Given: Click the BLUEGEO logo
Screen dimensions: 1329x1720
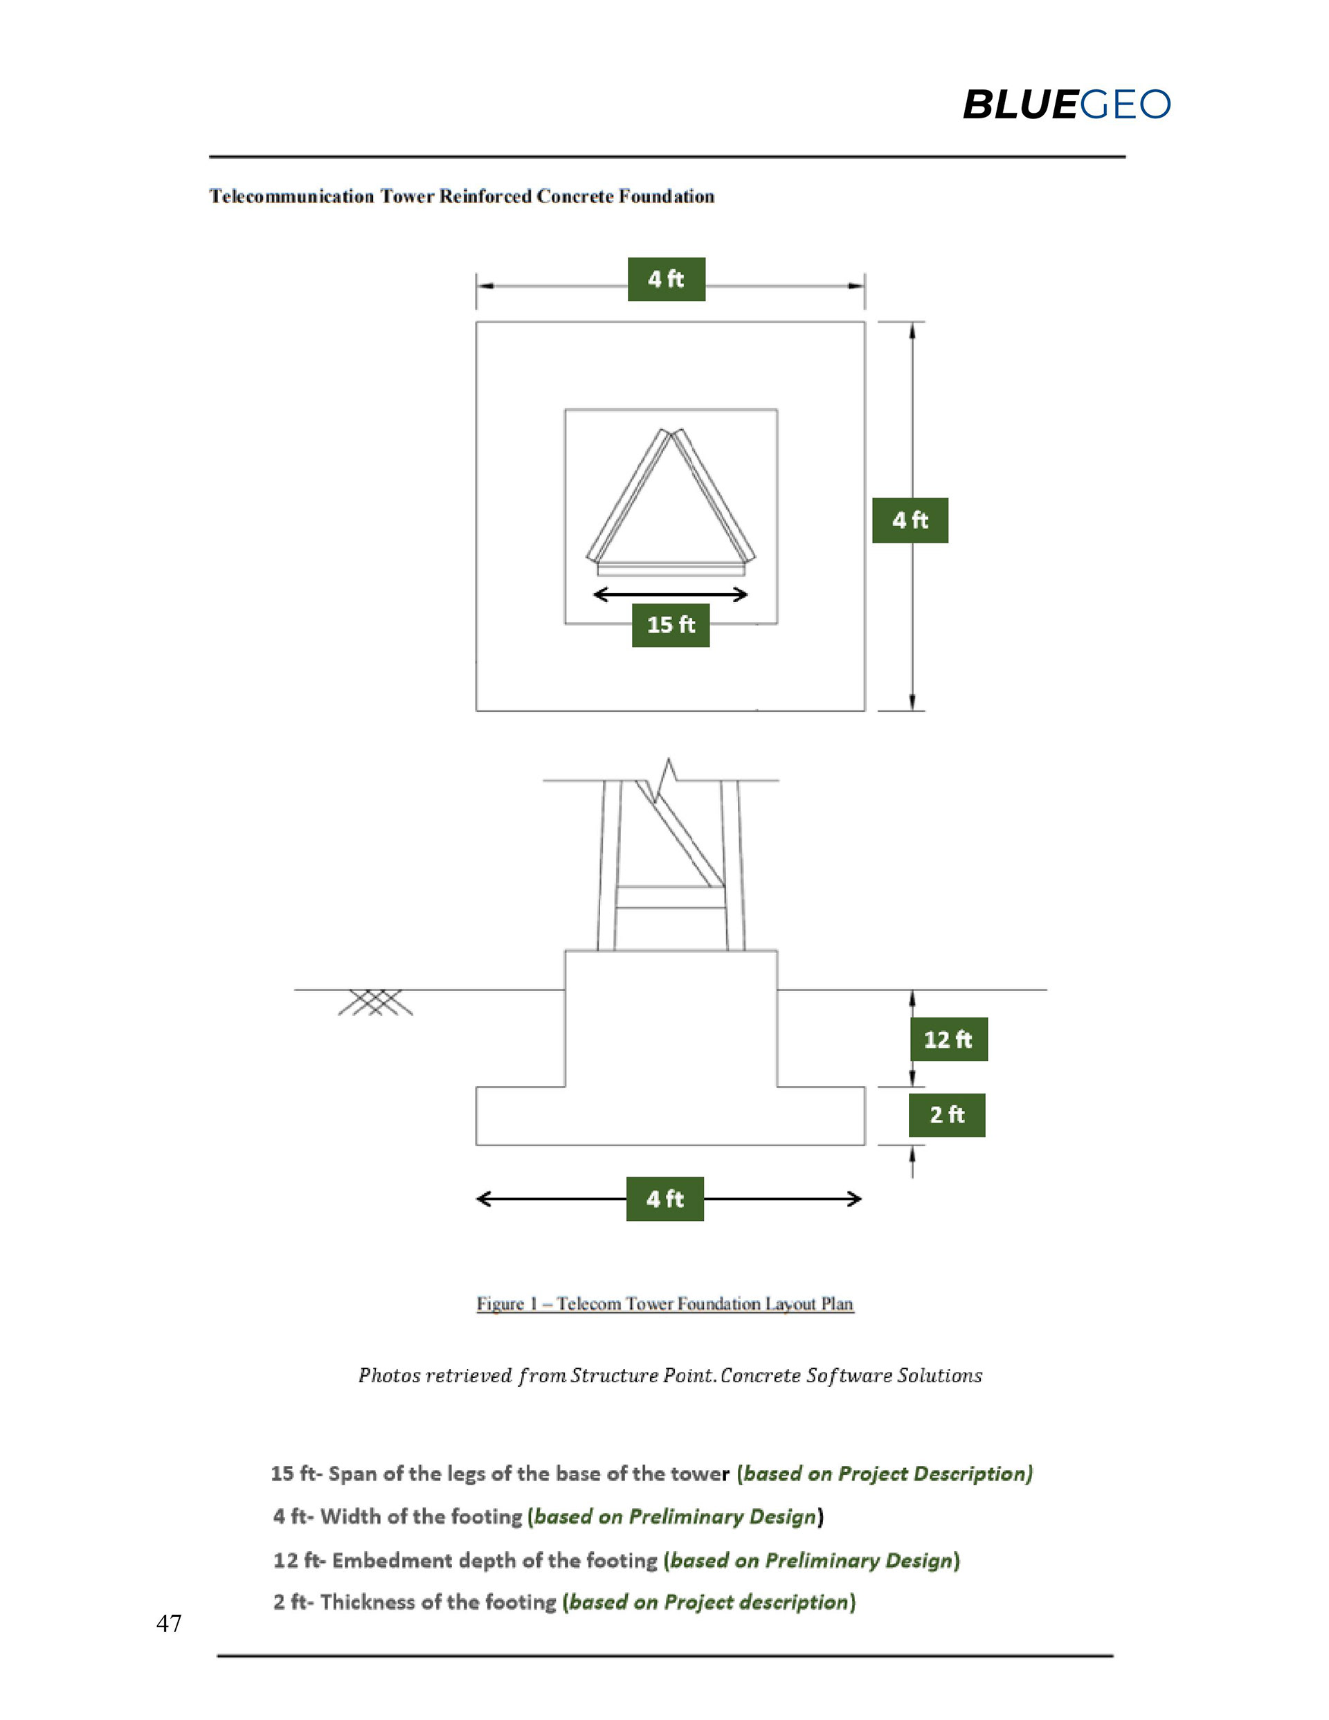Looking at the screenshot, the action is click(x=1066, y=105).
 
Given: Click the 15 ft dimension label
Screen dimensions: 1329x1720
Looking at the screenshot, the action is click(x=671, y=625).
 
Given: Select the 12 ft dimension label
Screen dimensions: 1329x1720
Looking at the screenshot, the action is click(x=948, y=1040).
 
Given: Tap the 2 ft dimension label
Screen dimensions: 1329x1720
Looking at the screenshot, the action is click(x=946, y=1115).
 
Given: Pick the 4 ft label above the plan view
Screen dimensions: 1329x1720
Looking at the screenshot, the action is click(x=666, y=280).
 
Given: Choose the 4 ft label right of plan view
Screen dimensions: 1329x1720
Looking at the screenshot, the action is click(x=910, y=520).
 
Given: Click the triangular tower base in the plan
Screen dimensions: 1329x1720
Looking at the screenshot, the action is click(x=671, y=504).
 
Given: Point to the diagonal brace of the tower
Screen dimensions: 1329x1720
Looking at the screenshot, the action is click(x=684, y=839).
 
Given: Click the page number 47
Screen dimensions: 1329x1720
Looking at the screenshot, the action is click(x=169, y=1623).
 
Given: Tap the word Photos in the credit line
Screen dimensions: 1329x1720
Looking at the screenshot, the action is click(x=389, y=1376).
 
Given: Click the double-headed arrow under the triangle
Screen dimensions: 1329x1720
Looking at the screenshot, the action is click(x=671, y=595).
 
